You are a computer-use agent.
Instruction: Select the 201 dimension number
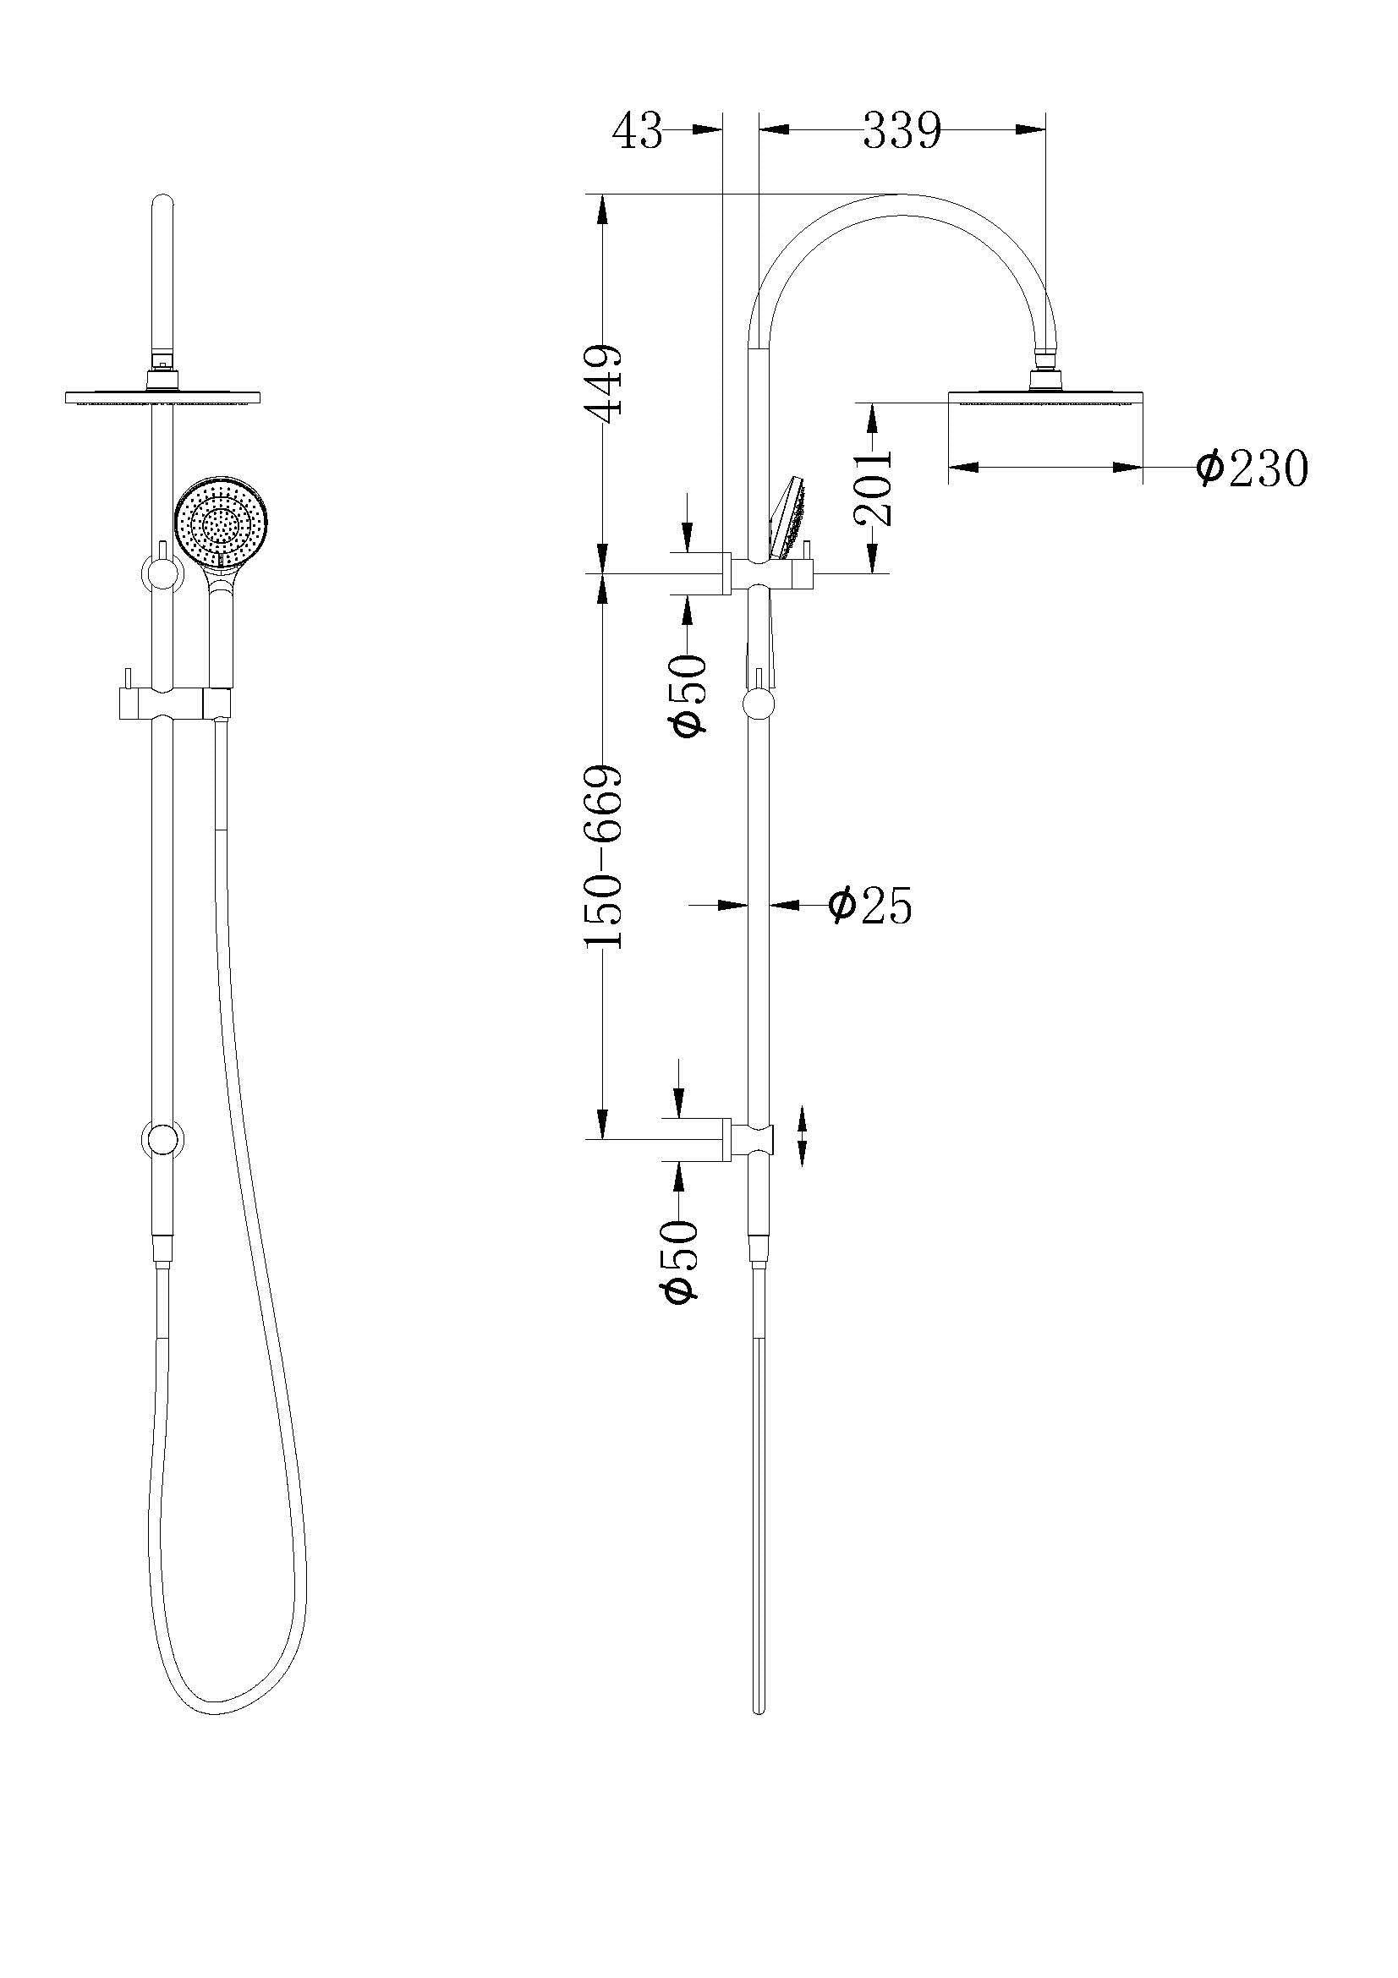tap(874, 488)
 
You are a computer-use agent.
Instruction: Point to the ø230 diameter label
tap(1252, 468)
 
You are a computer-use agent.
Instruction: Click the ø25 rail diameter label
tap(869, 905)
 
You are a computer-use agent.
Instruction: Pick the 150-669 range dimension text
tap(603, 856)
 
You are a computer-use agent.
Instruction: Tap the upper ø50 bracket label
tap(689, 693)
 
